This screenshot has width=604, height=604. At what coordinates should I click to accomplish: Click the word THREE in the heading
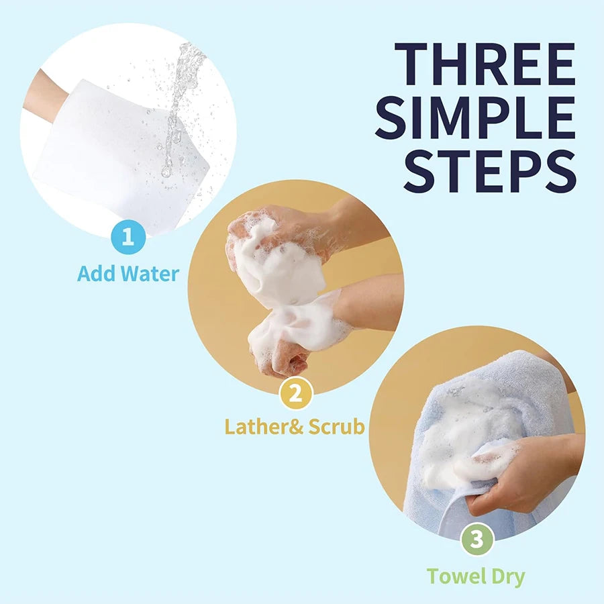pyautogui.click(x=484, y=65)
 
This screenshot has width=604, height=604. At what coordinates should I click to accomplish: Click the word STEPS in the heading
pyautogui.click(x=490, y=171)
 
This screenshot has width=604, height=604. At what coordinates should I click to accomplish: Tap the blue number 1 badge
pyautogui.click(x=128, y=238)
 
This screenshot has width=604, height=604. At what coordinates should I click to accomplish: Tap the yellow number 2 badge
pyautogui.click(x=295, y=393)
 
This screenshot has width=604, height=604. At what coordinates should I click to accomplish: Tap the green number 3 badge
pyautogui.click(x=476, y=540)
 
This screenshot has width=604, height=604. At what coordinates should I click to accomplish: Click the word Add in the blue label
pyautogui.click(x=95, y=274)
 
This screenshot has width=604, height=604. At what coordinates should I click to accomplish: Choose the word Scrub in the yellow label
pyautogui.click(x=337, y=427)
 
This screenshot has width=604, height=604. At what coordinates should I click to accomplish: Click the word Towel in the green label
pyautogui.click(x=455, y=576)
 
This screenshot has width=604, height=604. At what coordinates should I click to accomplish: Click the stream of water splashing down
pyautogui.click(x=180, y=94)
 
